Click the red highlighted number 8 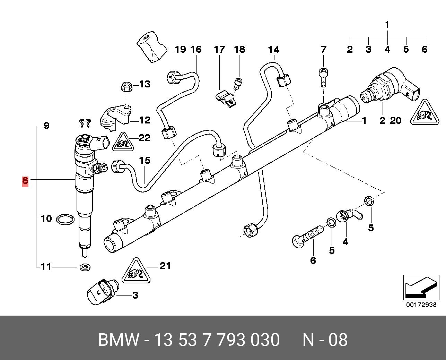point(25,181)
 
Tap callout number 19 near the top point(180,50)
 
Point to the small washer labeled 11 point(84,267)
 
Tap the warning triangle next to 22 point(122,143)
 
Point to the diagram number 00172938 point(421,305)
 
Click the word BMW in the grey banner point(119,340)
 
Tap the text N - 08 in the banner point(325,340)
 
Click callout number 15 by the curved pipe point(145,161)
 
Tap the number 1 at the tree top point(387,25)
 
